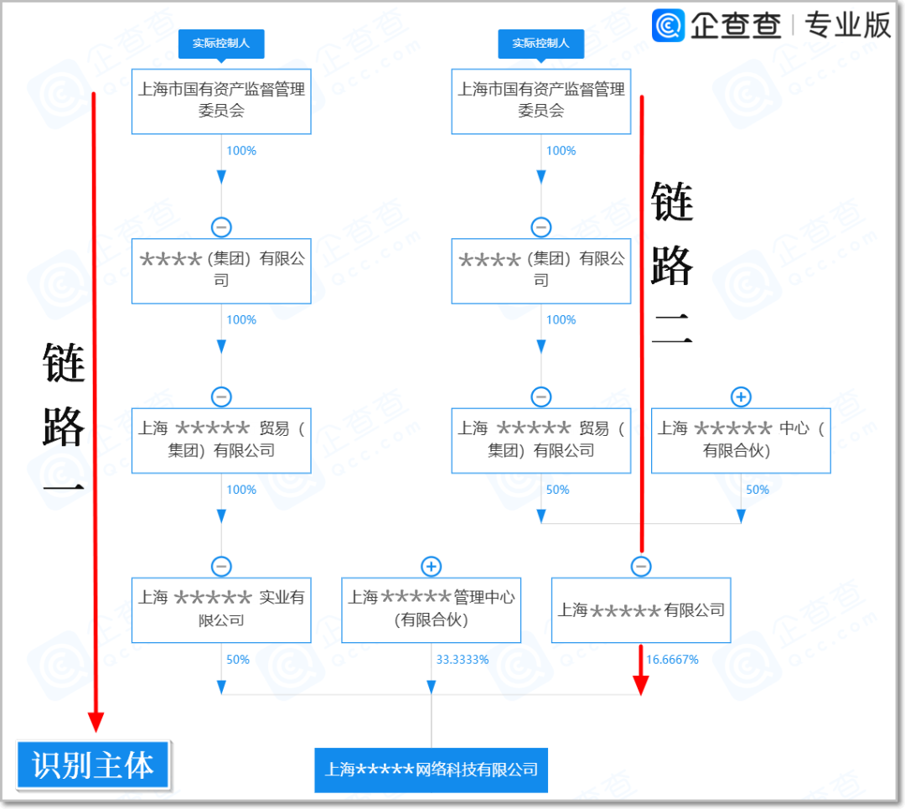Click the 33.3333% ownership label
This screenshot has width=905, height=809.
pos(462,660)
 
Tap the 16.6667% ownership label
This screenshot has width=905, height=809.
pos(672,660)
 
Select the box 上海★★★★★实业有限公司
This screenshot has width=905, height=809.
pos(221,609)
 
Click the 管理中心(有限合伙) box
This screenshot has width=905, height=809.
pos(431,609)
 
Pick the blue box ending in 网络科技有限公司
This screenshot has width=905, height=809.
pos(431,770)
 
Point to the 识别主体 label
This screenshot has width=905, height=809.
pos(93,765)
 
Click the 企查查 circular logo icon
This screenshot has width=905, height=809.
pos(669,25)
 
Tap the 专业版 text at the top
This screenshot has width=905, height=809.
pos(847,25)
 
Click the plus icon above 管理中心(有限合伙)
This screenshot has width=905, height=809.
pos(431,567)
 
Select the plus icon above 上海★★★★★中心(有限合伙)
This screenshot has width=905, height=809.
pos(741,397)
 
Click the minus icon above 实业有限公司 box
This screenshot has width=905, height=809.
pos(221,567)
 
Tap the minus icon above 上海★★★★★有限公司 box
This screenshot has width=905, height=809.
pos(641,567)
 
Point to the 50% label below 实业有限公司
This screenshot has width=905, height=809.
pos(238,660)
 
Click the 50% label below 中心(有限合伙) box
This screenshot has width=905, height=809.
pos(758,490)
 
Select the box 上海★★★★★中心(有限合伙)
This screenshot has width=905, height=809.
pos(741,440)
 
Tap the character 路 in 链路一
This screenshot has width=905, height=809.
pos(65,428)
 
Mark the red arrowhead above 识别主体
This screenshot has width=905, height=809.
pos(96,722)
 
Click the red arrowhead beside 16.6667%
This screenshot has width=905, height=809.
pos(641,683)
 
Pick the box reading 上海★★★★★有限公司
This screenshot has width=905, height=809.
pos(641,609)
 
